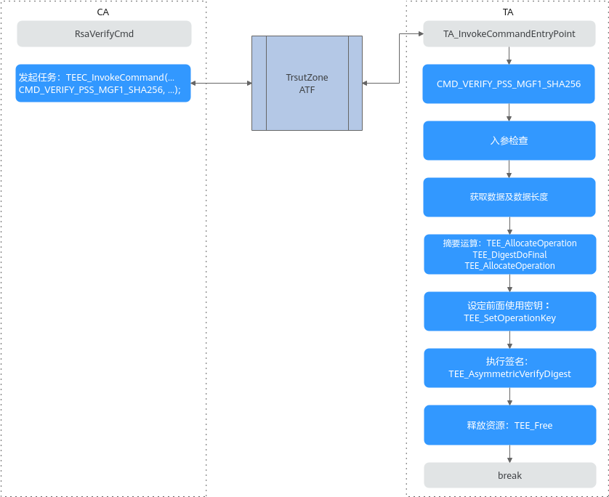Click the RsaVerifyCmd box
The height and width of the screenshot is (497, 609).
pyautogui.click(x=104, y=33)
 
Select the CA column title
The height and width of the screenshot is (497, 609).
pyautogui.click(x=103, y=12)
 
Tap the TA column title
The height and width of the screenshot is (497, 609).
pyautogui.click(x=508, y=12)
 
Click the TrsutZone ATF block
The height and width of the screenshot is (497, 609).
pyautogui.click(x=307, y=83)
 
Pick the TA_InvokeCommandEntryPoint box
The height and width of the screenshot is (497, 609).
pyautogui.click(x=509, y=33)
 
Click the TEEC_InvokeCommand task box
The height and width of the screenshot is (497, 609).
pyautogui.click(x=103, y=83)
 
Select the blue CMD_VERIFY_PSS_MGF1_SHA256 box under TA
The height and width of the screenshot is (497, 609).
pyautogui.click(x=509, y=84)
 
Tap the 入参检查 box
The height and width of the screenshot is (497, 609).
pyautogui.click(x=509, y=140)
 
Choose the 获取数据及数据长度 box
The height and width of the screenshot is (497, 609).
pyautogui.click(x=509, y=197)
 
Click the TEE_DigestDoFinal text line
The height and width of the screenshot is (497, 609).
pyautogui.click(x=509, y=255)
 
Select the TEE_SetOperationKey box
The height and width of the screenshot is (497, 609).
pyautogui.click(x=510, y=312)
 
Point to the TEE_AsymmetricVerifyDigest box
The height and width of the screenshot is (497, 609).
pyautogui.click(x=510, y=368)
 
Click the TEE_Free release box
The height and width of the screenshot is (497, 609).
pyautogui.click(x=510, y=425)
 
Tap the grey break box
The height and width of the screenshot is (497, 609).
pyautogui.click(x=510, y=475)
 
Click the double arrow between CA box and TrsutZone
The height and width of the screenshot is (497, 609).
pyautogui.click(x=222, y=83)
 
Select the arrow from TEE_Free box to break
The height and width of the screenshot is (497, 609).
pyautogui.click(x=510, y=453)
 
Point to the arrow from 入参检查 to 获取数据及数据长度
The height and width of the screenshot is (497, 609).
pyautogui.click(x=509, y=169)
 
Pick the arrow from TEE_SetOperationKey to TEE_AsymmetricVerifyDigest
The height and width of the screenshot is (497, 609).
pyautogui.click(x=510, y=340)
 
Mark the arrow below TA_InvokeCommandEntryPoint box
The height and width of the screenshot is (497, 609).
pyautogui.click(x=509, y=55)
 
